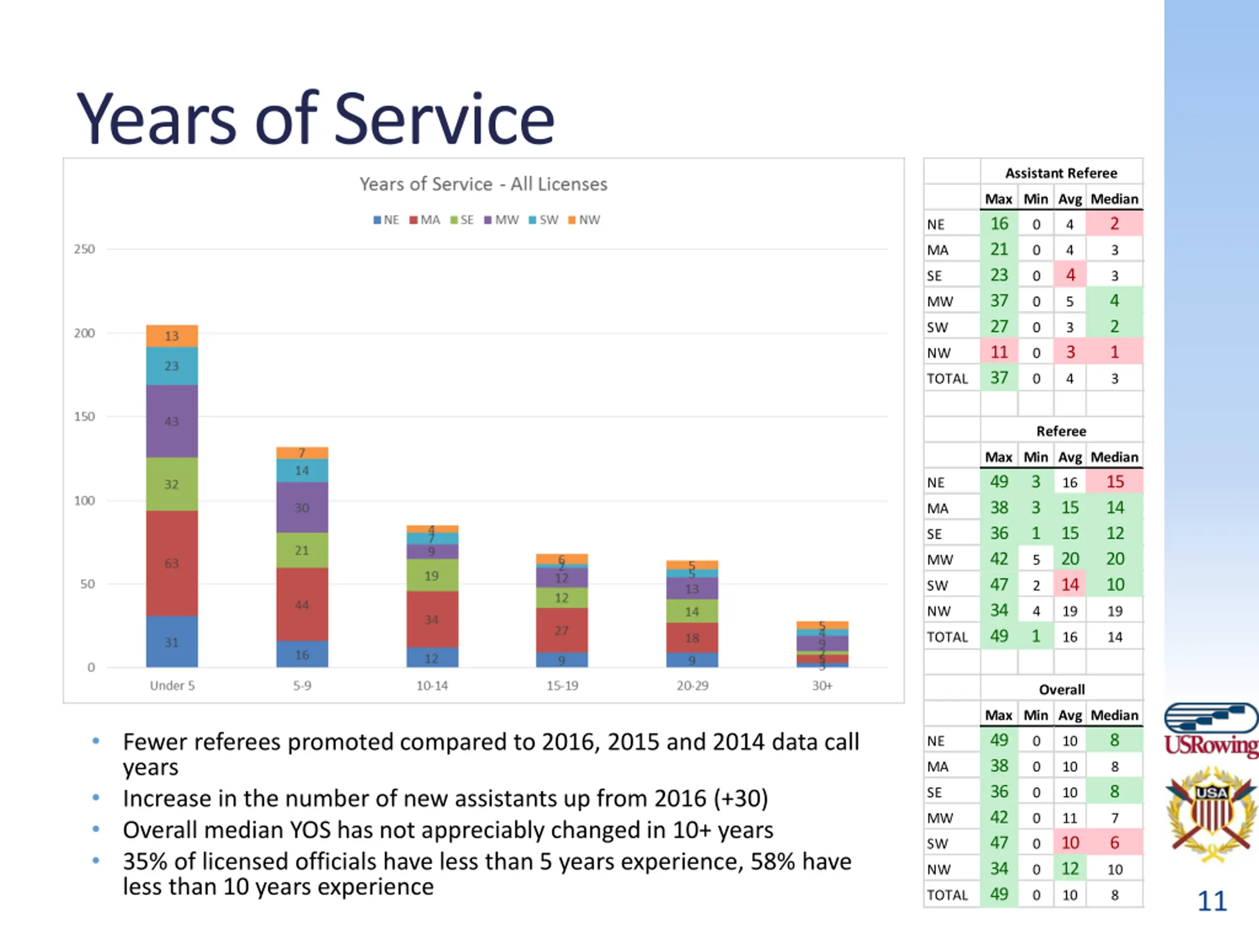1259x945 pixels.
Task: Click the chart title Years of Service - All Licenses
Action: pyautogui.click(x=483, y=184)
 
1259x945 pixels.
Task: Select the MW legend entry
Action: pyautogui.click(x=502, y=220)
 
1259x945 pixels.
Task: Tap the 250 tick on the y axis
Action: pyautogui.click(x=84, y=249)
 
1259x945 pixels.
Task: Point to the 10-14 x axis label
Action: pyautogui.click(x=432, y=686)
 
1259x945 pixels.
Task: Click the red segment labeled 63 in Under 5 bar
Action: pyautogui.click(x=172, y=564)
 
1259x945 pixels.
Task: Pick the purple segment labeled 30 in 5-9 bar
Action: pyautogui.click(x=302, y=507)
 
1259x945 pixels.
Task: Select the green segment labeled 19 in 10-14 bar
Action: pyautogui.click(x=432, y=575)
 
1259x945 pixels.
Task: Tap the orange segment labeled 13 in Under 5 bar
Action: pyautogui.click(x=172, y=336)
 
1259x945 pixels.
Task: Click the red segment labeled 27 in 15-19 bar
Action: pyautogui.click(x=562, y=630)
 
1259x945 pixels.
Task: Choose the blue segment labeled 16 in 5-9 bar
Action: pyautogui.click(x=302, y=655)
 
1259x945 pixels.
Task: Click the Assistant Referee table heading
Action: pyautogui.click(x=1061, y=173)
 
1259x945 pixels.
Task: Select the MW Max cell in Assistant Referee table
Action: pyautogui.click(x=999, y=301)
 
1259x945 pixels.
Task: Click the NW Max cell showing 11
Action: pyautogui.click(x=999, y=352)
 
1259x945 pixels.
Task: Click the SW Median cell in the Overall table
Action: pyautogui.click(x=1114, y=843)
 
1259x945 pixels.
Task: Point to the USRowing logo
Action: pyautogui.click(x=1211, y=731)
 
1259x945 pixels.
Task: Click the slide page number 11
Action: pyautogui.click(x=1212, y=901)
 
